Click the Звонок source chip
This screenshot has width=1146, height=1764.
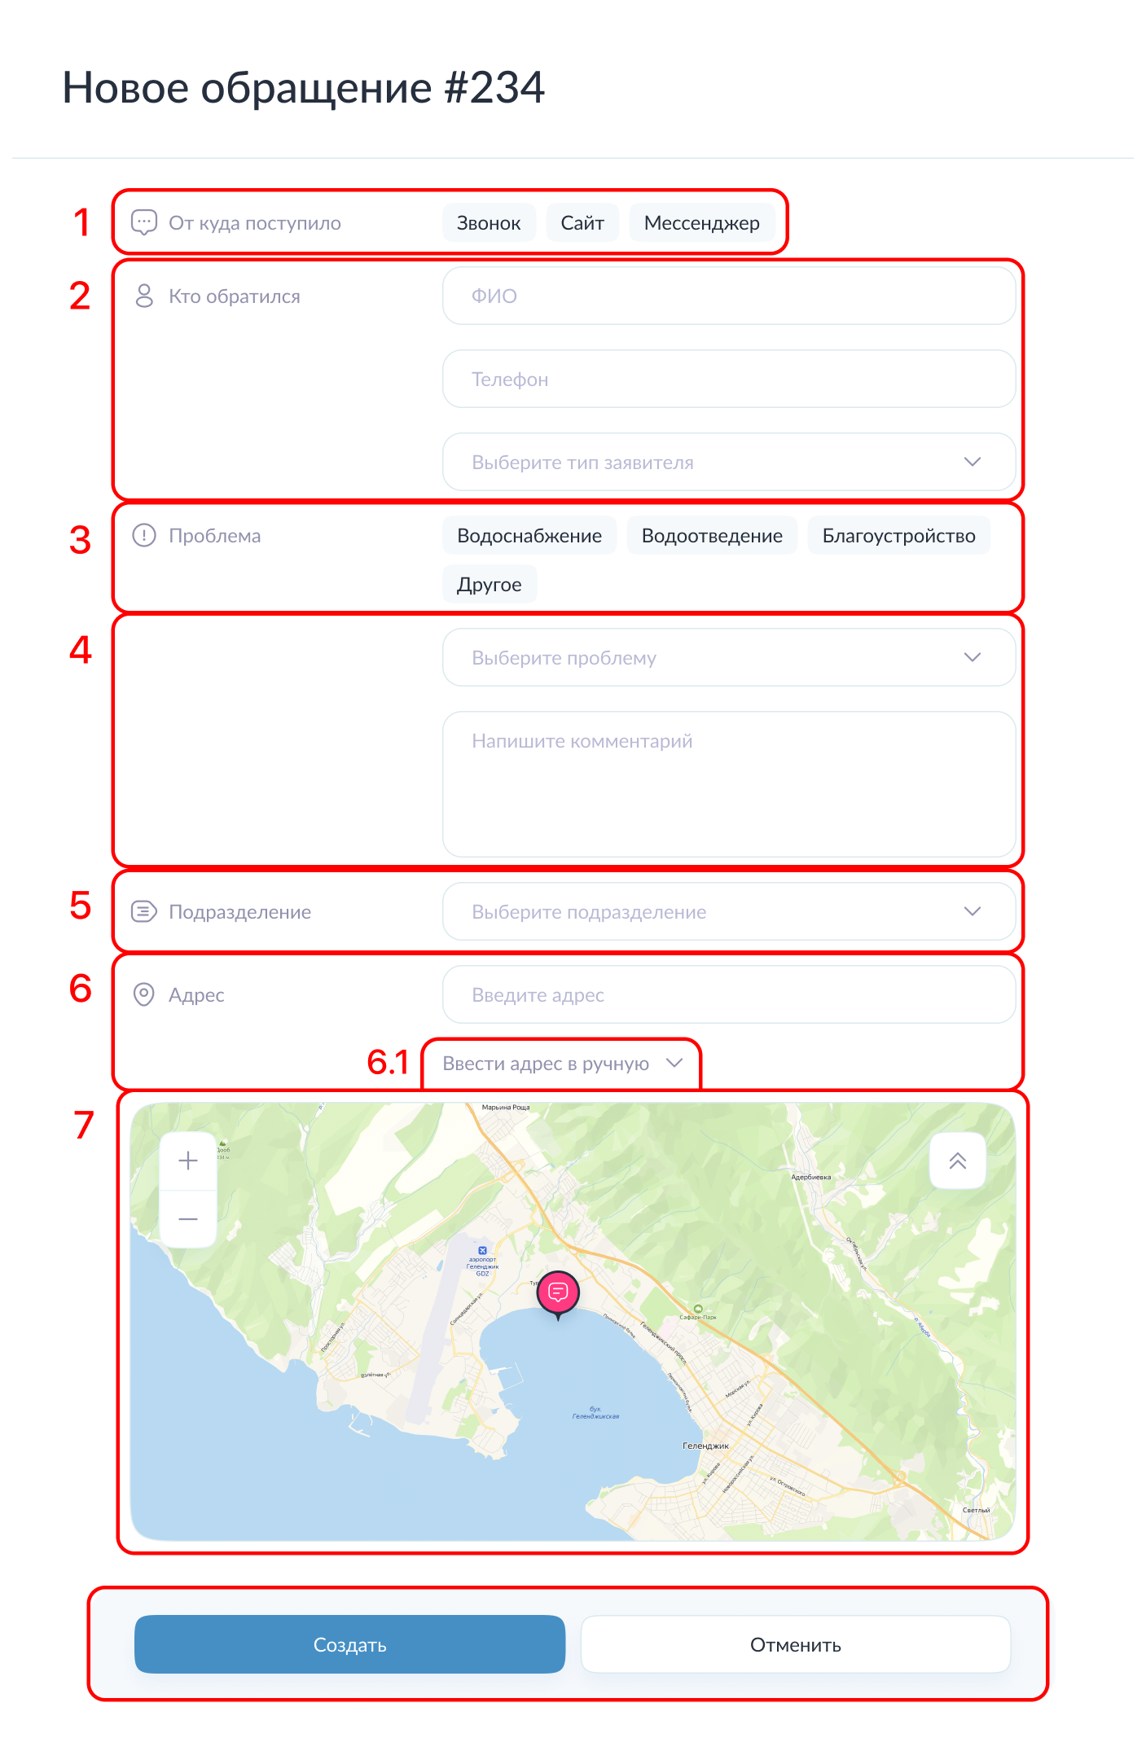pyautogui.click(x=488, y=223)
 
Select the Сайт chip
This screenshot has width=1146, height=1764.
pyautogui.click(x=582, y=223)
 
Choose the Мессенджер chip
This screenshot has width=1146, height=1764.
pyautogui.click(x=701, y=223)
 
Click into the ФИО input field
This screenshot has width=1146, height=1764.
pyautogui.click(x=728, y=296)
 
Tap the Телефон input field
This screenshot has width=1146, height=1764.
pyautogui.click(x=728, y=380)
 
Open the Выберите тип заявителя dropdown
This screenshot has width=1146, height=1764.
pyautogui.click(x=728, y=463)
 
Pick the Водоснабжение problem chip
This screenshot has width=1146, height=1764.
pyautogui.click(x=529, y=536)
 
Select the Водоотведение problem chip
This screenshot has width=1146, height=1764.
pyautogui.click(x=712, y=536)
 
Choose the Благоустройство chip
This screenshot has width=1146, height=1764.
pyautogui.click(x=898, y=536)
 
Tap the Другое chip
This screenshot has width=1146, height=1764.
pyautogui.click(x=489, y=585)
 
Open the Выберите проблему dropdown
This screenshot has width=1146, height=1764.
pyautogui.click(x=728, y=658)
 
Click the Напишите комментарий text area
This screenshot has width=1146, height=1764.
pyautogui.click(x=728, y=784)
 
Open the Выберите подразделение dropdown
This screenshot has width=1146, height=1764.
pyautogui.click(x=728, y=912)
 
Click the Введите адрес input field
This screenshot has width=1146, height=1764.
pyautogui.click(x=728, y=995)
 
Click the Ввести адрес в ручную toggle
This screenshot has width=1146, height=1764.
pyautogui.click(x=561, y=1064)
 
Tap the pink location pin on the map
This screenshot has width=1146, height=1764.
pyautogui.click(x=558, y=1292)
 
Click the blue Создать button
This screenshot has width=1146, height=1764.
pyautogui.click(x=349, y=1645)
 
